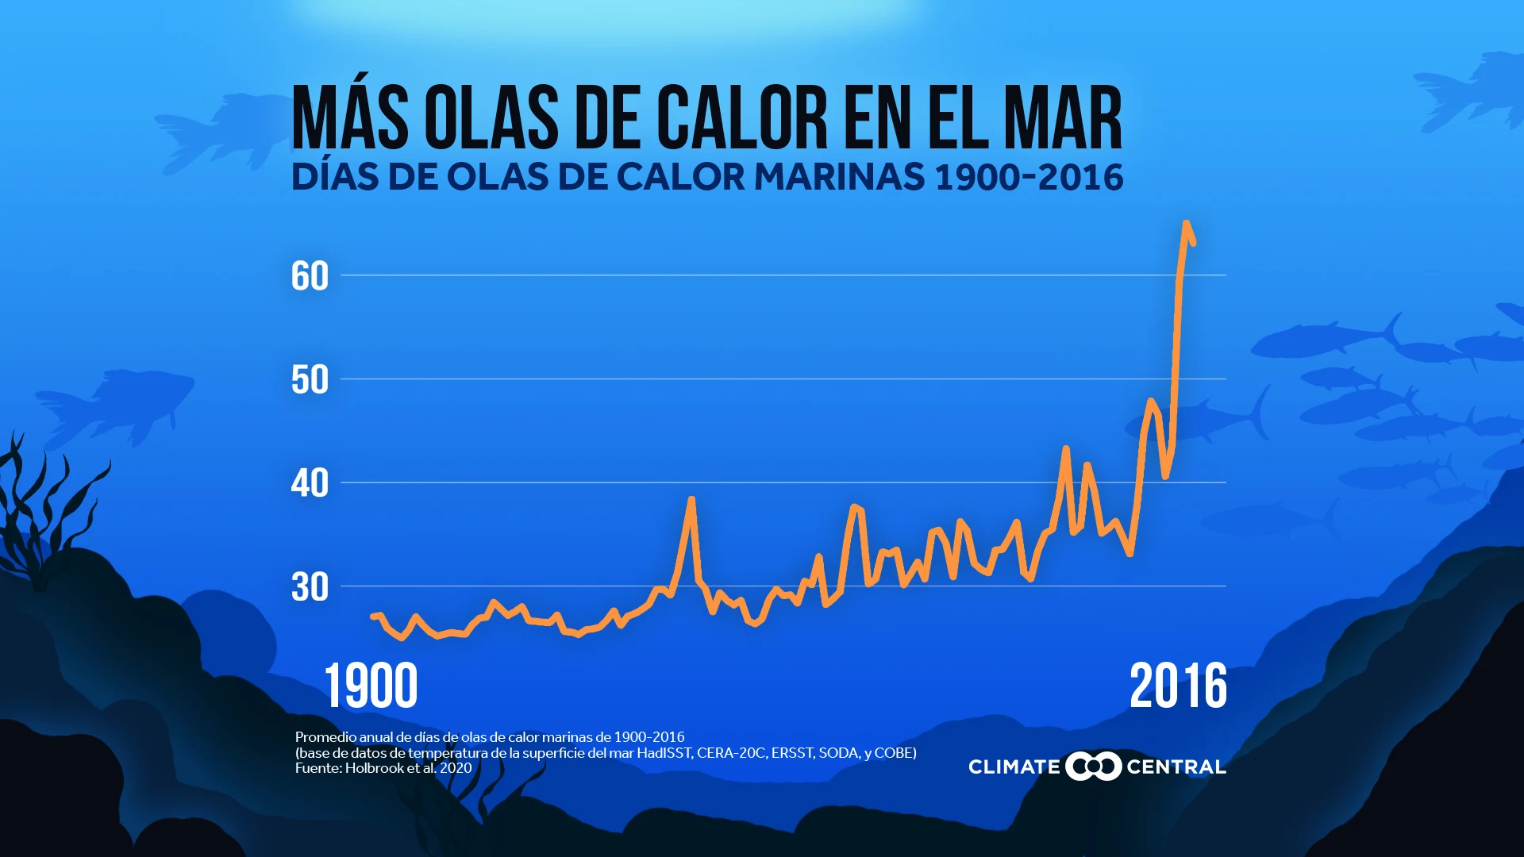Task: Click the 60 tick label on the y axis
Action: pyautogui.click(x=310, y=276)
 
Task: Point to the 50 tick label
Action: pyautogui.click(x=310, y=380)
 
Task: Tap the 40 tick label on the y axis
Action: pyautogui.click(x=310, y=483)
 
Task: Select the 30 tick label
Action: pyautogui.click(x=310, y=587)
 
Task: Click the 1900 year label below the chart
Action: pyautogui.click(x=371, y=686)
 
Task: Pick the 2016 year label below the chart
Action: pyautogui.click(x=1178, y=686)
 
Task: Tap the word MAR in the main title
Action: pyautogui.click(x=1063, y=118)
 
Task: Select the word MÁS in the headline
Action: pyautogui.click(x=350, y=118)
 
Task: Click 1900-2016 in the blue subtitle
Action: pyautogui.click(x=1029, y=177)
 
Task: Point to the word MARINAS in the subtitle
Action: pyautogui.click(x=839, y=177)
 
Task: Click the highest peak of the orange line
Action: pyautogui.click(x=1186, y=225)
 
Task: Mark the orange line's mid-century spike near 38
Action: pyautogui.click(x=691, y=500)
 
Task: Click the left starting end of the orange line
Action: pyautogui.click(x=373, y=617)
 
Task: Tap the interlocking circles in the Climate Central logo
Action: pyautogui.click(x=1093, y=767)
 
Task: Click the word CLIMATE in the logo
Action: pyautogui.click(x=1014, y=767)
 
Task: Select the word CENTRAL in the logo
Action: pyautogui.click(x=1176, y=767)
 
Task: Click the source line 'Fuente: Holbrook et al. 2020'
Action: pyautogui.click(x=383, y=768)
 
